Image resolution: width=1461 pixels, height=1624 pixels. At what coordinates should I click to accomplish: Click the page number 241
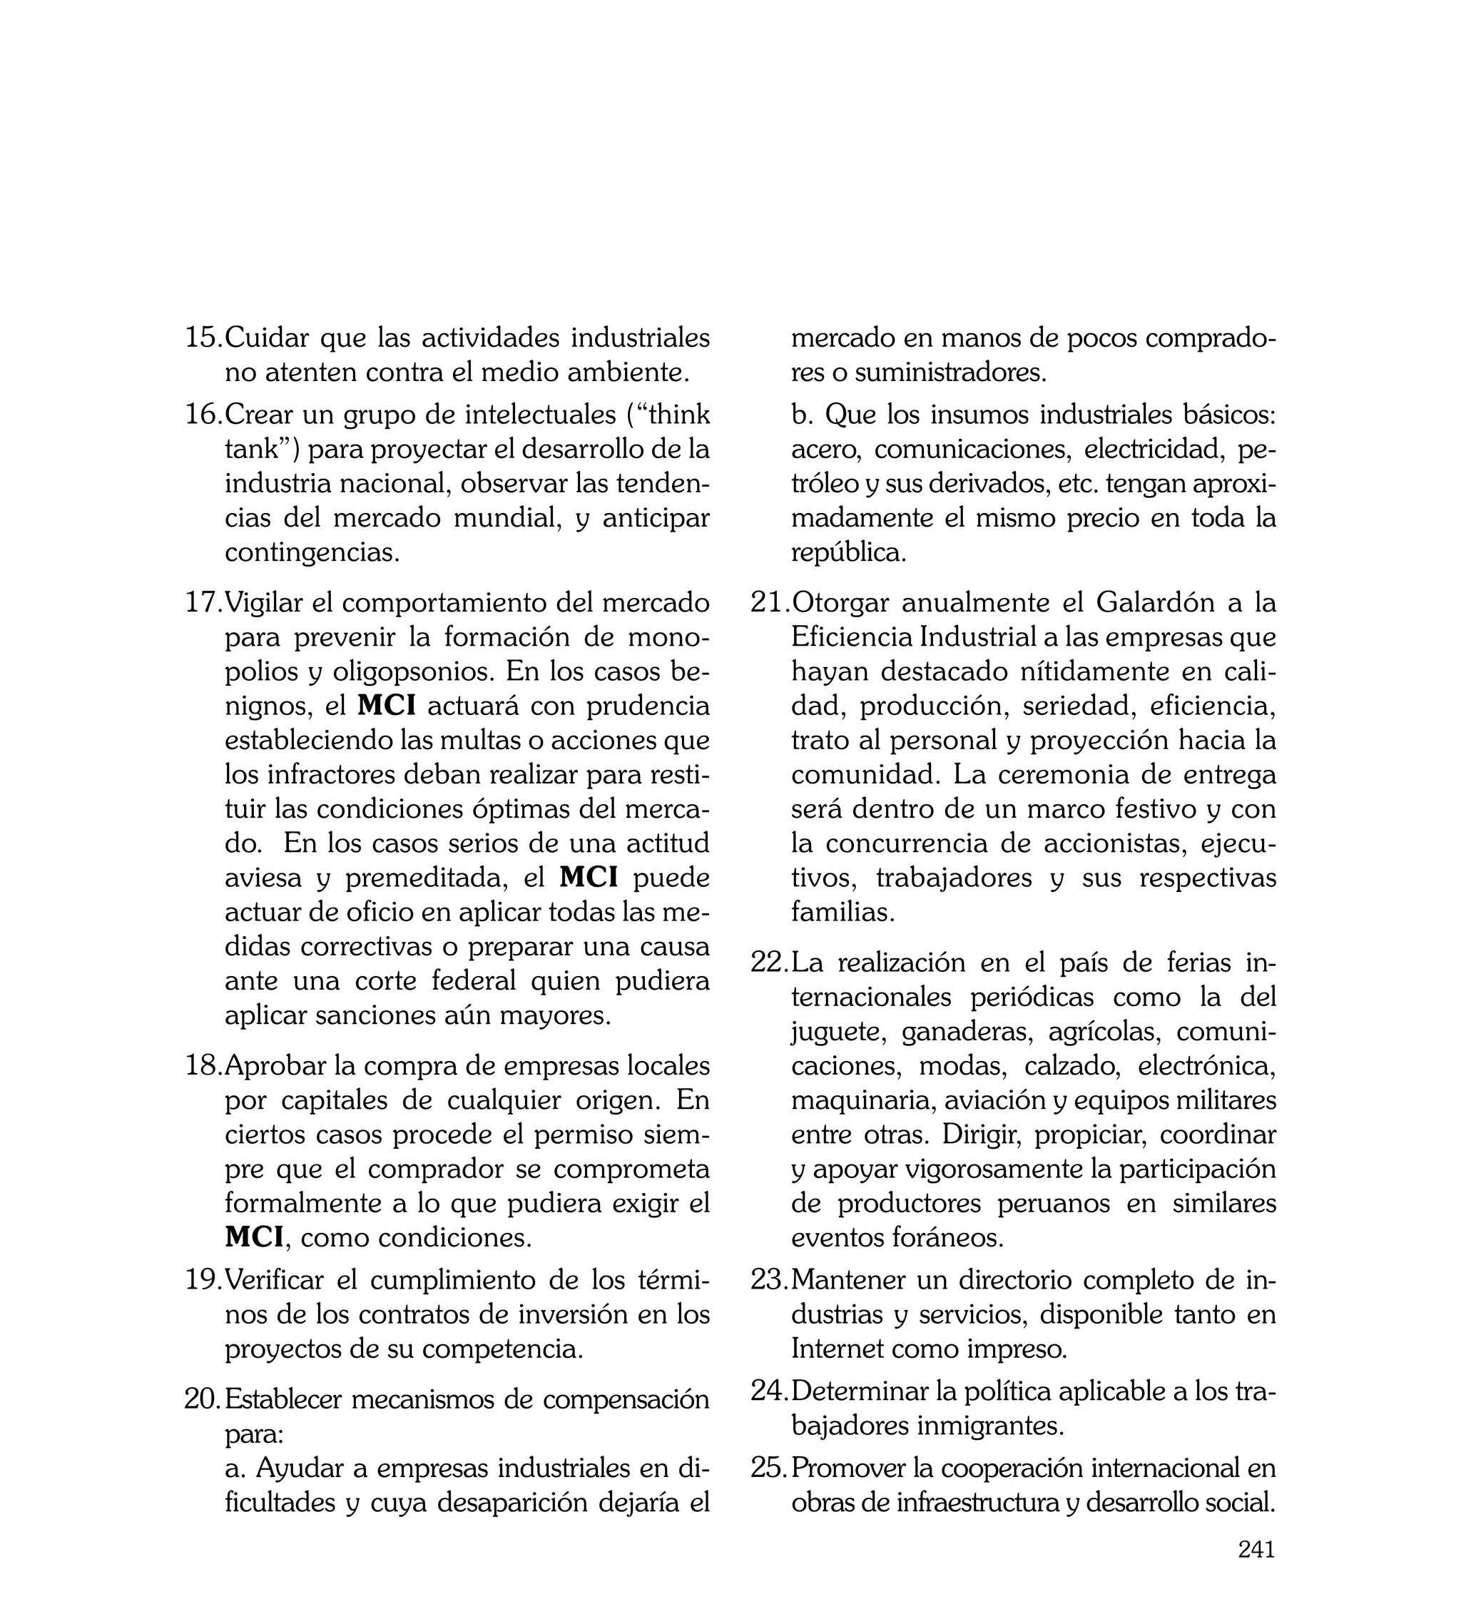click(1256, 1573)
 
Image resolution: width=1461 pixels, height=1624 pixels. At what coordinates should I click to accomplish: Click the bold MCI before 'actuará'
click(386, 706)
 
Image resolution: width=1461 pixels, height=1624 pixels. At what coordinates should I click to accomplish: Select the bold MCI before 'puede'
click(589, 878)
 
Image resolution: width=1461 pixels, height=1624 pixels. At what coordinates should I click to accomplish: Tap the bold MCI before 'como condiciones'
click(255, 1237)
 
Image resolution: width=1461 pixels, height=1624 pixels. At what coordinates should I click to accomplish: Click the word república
click(847, 553)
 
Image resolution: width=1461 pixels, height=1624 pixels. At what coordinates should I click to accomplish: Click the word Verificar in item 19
click(275, 1279)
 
